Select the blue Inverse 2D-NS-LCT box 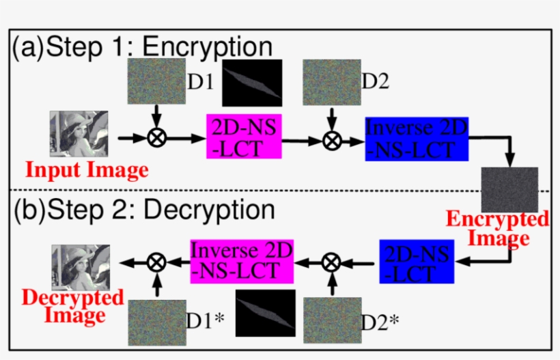pos(407,139)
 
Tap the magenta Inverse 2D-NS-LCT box pos(242,260)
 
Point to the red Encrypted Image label pos(496,229)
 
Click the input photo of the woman pos(79,135)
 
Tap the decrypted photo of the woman pos(80,266)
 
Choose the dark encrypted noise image pos(509,189)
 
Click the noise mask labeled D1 pos(156,81)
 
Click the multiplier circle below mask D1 pos(157,139)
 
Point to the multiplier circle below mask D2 pos(332,140)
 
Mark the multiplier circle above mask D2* pos(331,260)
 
